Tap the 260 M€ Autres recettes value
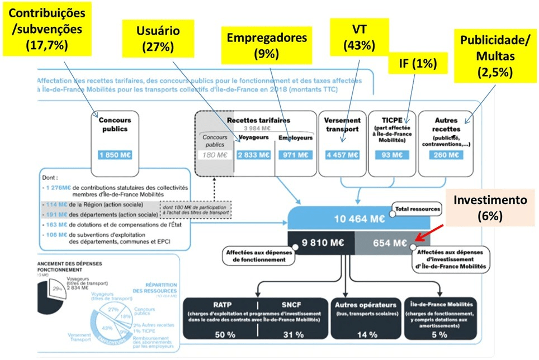pos(446,155)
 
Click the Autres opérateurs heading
pos(365,305)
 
